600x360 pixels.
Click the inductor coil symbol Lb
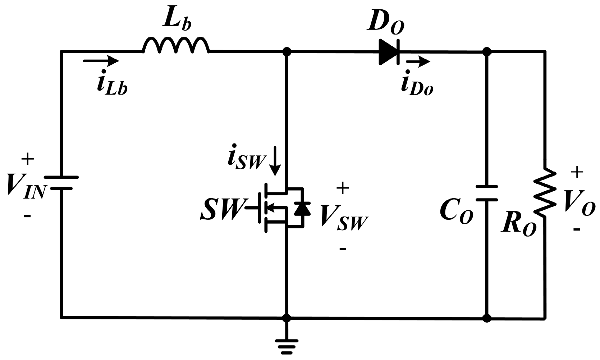(176, 46)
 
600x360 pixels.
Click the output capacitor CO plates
(487, 193)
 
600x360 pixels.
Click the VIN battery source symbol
(61, 183)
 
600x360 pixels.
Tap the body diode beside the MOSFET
(302, 208)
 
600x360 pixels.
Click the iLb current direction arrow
(101, 61)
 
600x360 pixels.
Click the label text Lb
(176, 22)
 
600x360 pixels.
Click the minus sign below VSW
(343, 248)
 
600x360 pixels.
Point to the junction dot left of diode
(287, 52)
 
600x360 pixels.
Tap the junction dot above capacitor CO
(487, 52)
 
